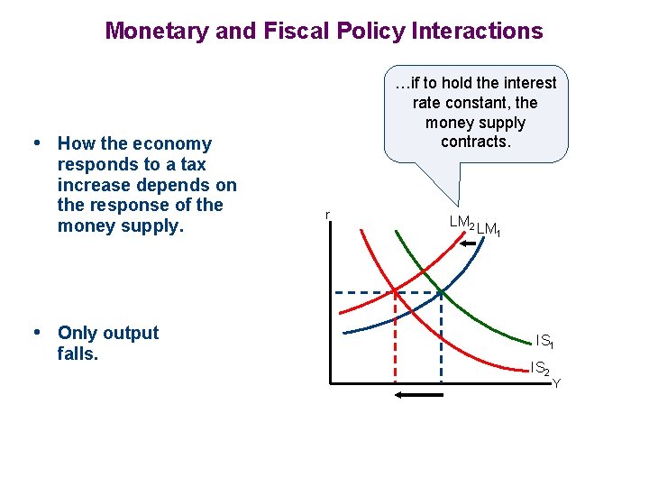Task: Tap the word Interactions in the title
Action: [478, 31]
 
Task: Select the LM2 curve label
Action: [462, 222]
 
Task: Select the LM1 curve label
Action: [489, 231]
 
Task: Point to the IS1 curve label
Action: [544, 341]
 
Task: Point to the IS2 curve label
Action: [541, 368]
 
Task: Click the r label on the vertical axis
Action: [327, 215]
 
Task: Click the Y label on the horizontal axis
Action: [556, 384]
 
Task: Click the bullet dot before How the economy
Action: [36, 143]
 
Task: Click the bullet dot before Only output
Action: [36, 333]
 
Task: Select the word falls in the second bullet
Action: [77, 354]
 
